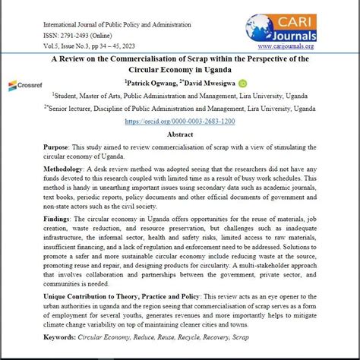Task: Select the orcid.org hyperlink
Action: point(180,122)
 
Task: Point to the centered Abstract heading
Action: point(180,134)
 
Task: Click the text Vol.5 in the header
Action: point(52,46)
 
